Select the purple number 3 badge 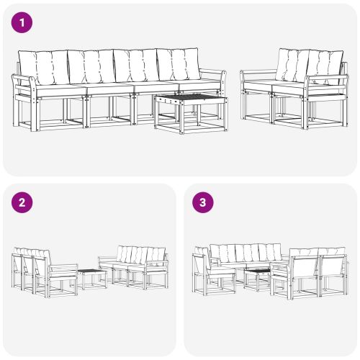[203, 202]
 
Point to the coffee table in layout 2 [91, 276]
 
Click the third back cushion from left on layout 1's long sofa [135, 65]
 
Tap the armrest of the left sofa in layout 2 [63, 267]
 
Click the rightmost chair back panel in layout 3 [332, 266]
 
